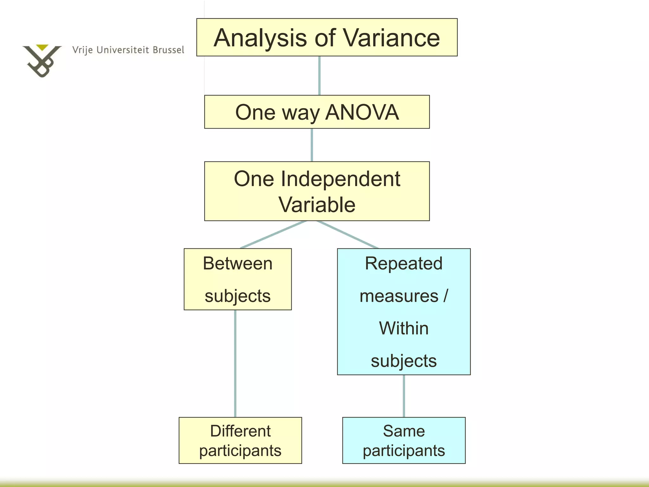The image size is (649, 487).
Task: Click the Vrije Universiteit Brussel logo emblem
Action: [42, 60]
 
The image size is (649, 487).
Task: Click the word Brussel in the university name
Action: [168, 50]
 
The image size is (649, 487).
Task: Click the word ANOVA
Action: [362, 112]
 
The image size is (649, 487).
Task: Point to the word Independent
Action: [340, 179]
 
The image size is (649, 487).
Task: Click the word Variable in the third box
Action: [317, 205]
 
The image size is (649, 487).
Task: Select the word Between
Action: [238, 263]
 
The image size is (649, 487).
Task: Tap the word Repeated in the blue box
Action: [403, 263]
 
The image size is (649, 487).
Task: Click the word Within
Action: [403, 328]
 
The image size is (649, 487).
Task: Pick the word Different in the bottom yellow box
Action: [240, 431]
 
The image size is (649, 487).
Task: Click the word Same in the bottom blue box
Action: [403, 431]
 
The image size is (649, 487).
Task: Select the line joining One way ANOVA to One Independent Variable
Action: [312, 145]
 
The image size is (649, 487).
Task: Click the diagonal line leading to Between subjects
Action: [273, 235]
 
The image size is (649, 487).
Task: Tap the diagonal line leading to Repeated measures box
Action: [348, 235]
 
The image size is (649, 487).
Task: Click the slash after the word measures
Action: [446, 295]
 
